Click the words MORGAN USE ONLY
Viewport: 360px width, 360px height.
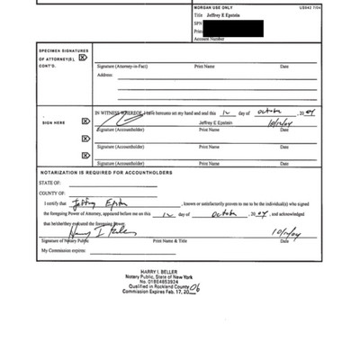click(x=214, y=8)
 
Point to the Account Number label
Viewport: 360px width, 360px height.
click(x=209, y=40)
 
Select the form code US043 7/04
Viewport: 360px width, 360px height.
click(x=310, y=8)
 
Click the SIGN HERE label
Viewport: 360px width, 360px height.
click(x=54, y=122)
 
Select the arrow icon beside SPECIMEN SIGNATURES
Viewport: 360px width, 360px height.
click(x=83, y=58)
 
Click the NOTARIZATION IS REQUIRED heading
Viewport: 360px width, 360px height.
click(x=105, y=172)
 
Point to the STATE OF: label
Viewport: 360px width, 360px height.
click(x=49, y=183)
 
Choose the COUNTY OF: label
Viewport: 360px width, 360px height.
click(x=52, y=193)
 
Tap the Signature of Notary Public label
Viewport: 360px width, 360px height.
click(x=65, y=241)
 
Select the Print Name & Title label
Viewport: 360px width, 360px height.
click(x=170, y=241)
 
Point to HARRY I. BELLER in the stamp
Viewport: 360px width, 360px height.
click(x=158, y=271)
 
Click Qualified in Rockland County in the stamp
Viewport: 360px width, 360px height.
click(x=158, y=286)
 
